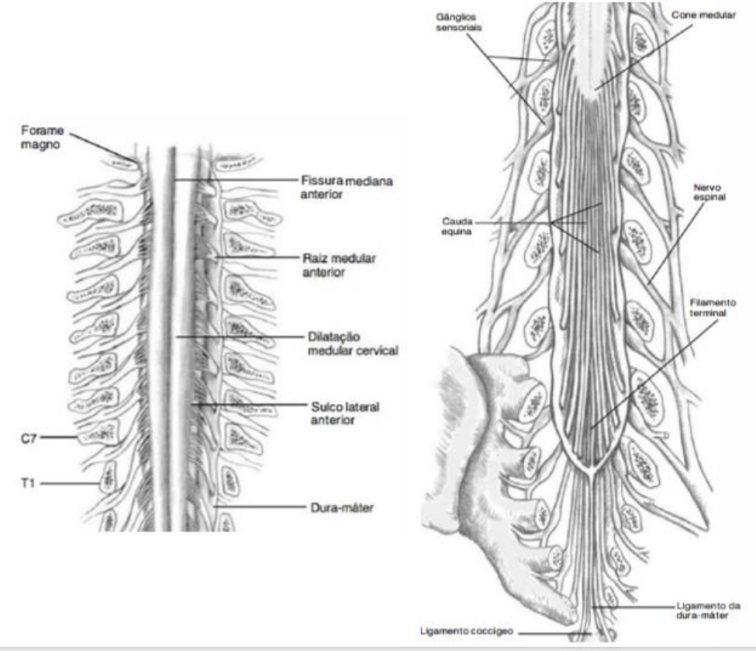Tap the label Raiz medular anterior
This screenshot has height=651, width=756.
[x=338, y=265]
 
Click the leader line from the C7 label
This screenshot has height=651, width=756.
[x=58, y=439]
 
